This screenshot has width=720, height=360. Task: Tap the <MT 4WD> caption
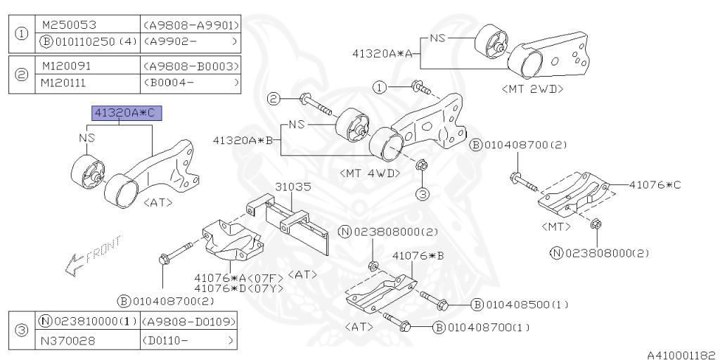[x=370, y=172]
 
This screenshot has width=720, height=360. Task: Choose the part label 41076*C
[x=655, y=185]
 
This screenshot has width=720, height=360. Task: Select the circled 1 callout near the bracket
[x=380, y=87]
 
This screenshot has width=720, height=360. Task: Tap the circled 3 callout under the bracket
[x=421, y=192]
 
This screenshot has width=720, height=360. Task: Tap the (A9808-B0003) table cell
[x=191, y=65]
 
